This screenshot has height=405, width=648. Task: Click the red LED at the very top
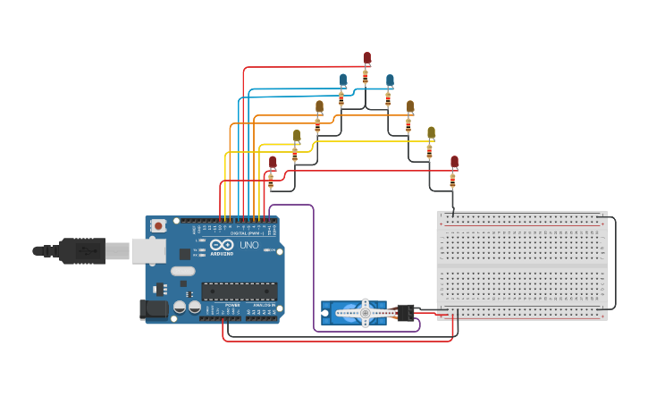(366, 58)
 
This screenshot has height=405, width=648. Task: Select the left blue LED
(343, 80)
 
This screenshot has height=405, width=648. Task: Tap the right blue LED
(390, 81)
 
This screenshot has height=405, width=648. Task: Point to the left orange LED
(319, 106)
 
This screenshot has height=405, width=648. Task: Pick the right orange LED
(410, 107)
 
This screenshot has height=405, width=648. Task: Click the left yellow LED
(297, 136)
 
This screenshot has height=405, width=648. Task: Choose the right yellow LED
(431, 133)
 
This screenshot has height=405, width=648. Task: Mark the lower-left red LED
(273, 162)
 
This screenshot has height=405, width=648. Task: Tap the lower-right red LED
(454, 162)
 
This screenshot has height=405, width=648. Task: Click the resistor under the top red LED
(366, 77)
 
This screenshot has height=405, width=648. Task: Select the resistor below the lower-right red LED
(452, 181)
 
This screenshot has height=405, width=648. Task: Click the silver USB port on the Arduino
(147, 250)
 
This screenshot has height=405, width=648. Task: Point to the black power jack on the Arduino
(154, 309)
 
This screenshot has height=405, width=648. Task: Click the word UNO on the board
(248, 245)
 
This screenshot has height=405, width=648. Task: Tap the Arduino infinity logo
(223, 244)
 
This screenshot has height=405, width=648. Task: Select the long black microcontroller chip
(239, 291)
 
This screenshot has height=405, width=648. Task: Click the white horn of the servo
(365, 313)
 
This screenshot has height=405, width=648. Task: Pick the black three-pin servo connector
(405, 313)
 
